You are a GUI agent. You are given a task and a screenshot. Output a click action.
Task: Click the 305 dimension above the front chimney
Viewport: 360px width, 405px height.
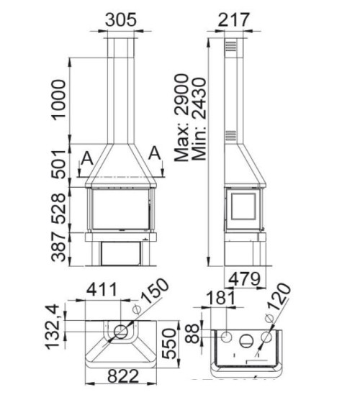click(120, 20)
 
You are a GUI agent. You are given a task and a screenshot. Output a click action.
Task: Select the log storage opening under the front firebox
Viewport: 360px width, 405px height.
click(120, 252)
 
